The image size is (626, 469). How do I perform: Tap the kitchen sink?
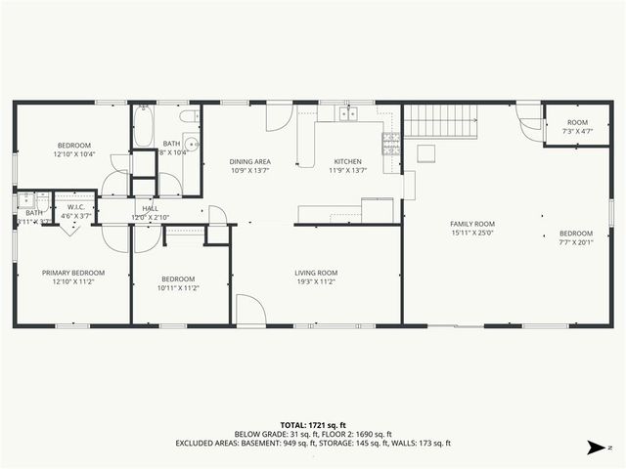point(348,113)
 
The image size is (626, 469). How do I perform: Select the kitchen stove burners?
point(390,145)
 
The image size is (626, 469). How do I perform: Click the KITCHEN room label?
point(348,161)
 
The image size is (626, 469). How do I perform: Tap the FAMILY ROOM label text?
point(472,224)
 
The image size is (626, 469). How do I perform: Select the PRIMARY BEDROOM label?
point(72,273)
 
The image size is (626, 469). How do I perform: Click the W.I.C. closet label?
point(75,207)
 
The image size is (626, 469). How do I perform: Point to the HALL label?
point(151,208)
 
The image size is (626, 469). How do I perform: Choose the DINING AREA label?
point(249,161)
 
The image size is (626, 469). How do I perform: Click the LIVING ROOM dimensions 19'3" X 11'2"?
point(316,281)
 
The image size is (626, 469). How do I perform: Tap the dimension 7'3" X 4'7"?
point(578,131)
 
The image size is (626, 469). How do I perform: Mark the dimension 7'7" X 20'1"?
point(576,242)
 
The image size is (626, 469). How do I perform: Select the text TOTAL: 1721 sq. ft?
point(313,425)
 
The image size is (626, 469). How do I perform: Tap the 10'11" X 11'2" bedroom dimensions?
point(177,287)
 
